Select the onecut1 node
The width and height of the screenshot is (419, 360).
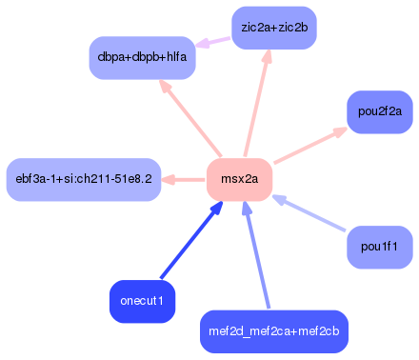pos(142,301)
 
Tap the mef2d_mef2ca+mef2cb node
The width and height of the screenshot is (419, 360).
pos(274,331)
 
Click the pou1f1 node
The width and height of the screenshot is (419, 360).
pos(379,248)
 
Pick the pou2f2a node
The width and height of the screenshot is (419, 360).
pos(379,111)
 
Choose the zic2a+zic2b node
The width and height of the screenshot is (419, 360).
pos(274,27)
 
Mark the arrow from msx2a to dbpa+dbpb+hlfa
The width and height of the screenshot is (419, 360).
pos(190,118)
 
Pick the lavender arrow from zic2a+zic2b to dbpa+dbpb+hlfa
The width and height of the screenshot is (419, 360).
pos(214,41)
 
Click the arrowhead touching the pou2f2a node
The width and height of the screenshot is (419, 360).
pos(339,131)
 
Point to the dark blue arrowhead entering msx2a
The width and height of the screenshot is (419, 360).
pos(216,209)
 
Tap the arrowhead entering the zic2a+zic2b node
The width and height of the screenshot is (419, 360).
pos(267,57)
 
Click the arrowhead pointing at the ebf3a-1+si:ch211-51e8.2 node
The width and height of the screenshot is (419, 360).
pos(167,179)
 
